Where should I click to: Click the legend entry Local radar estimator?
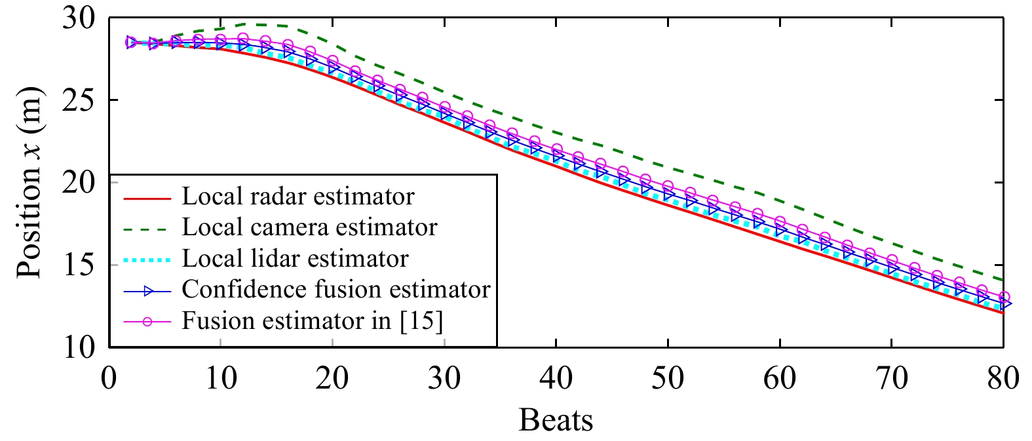[297, 197]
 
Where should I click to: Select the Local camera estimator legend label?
[309, 227]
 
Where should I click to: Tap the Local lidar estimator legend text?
[295, 258]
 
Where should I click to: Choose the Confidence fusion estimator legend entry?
[335, 289]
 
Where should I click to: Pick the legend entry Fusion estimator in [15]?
[312, 321]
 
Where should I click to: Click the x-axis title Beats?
[556, 420]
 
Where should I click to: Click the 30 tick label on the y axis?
[80, 18]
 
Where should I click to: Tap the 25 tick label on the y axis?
[80, 100]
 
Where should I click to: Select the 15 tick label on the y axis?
[80, 265]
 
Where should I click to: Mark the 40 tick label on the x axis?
[556, 379]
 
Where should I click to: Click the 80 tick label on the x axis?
[1003, 379]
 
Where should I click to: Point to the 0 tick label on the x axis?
[109, 379]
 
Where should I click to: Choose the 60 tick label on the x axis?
[780, 379]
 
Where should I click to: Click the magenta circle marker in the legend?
[148, 321]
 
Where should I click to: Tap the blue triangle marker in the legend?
[148, 290]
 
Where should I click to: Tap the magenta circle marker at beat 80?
[1003, 297]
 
